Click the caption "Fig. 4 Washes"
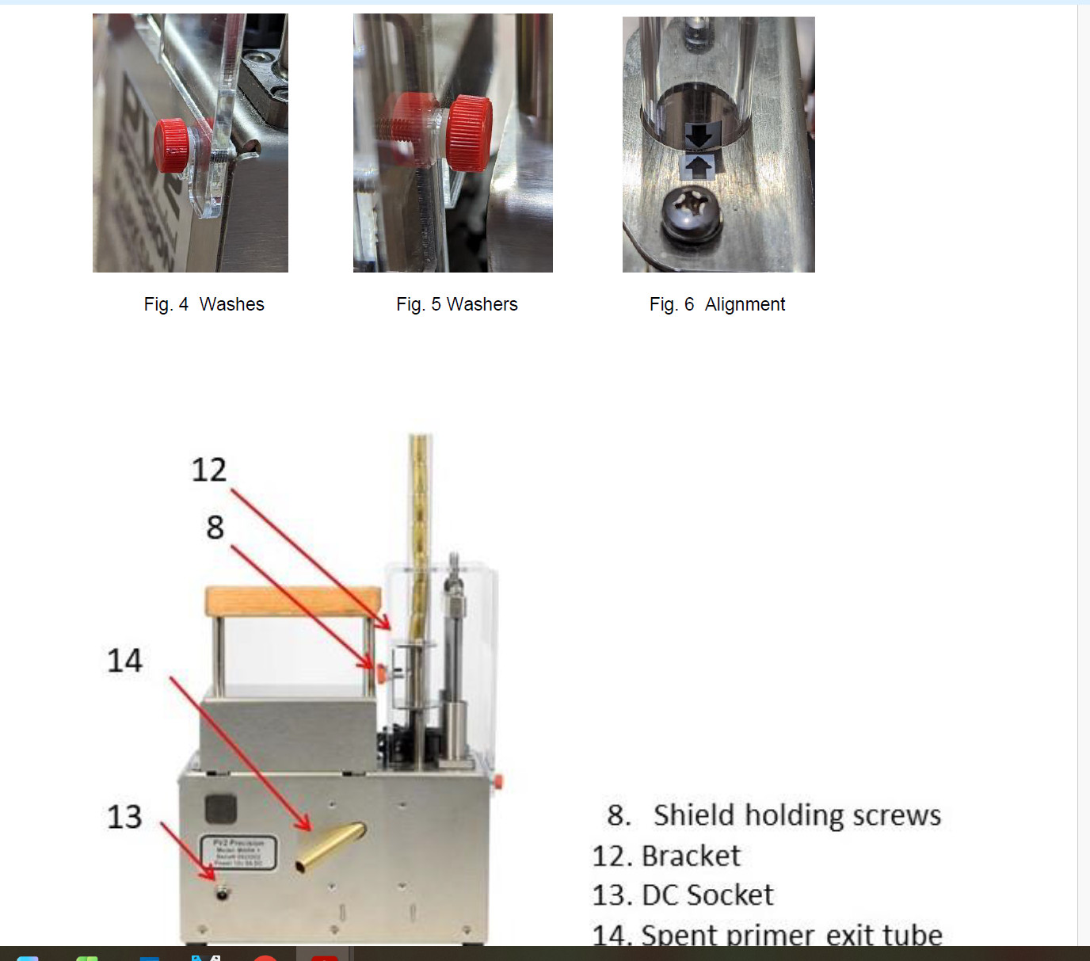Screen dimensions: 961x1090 tap(204, 304)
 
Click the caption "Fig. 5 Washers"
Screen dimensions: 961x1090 tap(456, 304)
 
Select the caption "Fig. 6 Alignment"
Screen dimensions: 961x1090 tap(717, 304)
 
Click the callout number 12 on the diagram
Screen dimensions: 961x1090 tap(208, 470)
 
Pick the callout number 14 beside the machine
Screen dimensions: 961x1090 tap(124, 661)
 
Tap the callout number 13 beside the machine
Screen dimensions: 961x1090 tap(124, 817)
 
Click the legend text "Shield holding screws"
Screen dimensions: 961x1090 tap(796, 815)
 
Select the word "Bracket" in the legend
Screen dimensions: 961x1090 tap(691, 856)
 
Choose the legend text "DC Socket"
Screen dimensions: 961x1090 tap(707, 895)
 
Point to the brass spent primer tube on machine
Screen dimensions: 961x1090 tap(331, 847)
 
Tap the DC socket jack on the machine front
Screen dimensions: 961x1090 tap(223, 893)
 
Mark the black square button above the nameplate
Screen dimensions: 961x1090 tap(220, 809)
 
